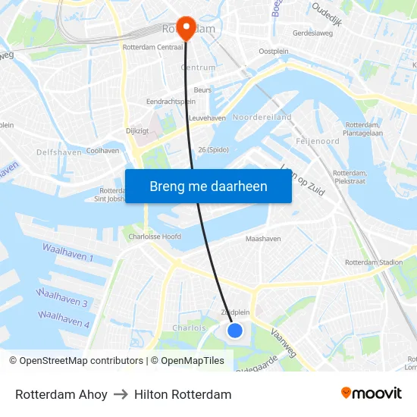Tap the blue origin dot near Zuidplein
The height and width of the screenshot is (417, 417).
pos(235,331)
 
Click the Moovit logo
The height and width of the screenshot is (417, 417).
pos(372,393)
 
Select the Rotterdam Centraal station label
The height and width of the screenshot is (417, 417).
pos(152,47)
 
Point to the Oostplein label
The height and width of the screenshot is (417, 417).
pos(273,51)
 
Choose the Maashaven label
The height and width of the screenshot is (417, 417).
pos(264,239)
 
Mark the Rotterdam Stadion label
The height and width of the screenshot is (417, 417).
pos(373,262)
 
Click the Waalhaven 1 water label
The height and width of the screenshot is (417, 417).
pos(67,253)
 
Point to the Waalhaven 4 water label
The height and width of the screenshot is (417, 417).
pos(64,318)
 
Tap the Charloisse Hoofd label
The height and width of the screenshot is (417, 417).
pos(154,237)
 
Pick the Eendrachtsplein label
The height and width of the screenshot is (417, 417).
pos(171,101)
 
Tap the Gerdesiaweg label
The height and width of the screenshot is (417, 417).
pos(314,33)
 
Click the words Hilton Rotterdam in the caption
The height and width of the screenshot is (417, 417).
pos(183,394)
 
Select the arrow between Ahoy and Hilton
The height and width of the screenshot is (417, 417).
pos(121,394)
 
